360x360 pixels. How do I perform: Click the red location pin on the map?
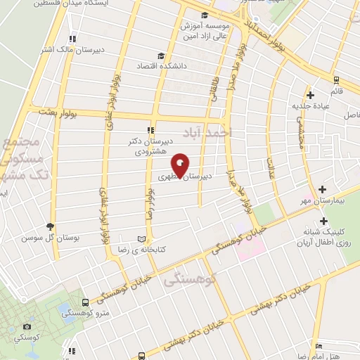pos(181,165)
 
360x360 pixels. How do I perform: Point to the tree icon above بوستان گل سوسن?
pos(49,226)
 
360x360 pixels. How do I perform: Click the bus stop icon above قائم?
pos(336,80)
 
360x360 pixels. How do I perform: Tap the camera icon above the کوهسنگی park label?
pos(27,327)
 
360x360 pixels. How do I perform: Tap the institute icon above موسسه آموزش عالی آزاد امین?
pos(204,15)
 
